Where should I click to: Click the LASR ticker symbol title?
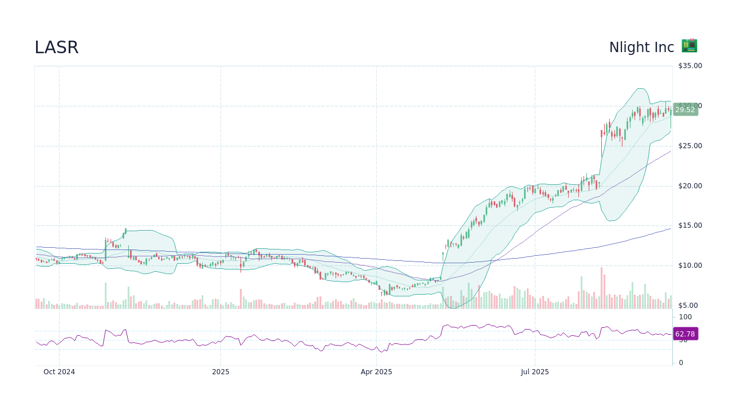coord(56,47)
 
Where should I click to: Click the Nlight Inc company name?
coord(641,47)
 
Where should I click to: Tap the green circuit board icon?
coord(689,46)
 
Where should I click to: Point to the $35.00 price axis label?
coord(689,66)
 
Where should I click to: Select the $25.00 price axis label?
coord(689,146)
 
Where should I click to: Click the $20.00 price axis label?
coord(689,186)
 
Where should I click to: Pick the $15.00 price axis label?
coord(689,225)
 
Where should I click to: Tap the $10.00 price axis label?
coord(689,266)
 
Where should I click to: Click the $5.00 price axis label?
coord(689,306)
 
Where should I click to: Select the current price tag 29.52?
coord(685,110)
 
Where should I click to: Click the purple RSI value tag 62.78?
coord(685,334)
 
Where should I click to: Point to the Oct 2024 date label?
coord(59,372)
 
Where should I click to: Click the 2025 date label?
coord(220,372)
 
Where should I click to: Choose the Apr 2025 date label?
coord(376,372)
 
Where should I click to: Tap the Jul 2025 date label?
coord(535,372)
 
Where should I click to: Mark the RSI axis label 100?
coord(685,317)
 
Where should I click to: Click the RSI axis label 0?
coord(681,363)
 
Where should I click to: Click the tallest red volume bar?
coord(601,288)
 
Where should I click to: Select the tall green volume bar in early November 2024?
coord(105,295)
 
